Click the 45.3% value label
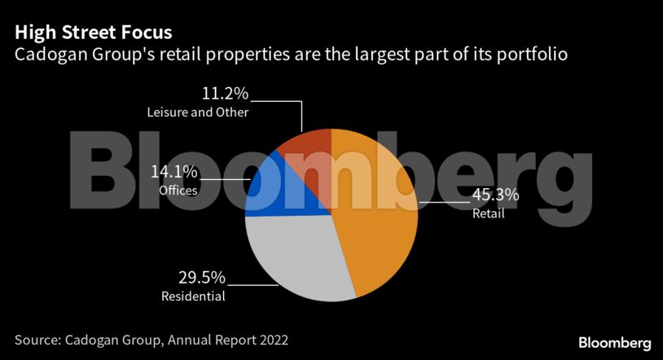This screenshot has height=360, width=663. click(x=495, y=195)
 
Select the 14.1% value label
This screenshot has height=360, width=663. click(x=173, y=172)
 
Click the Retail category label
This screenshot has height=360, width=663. click(x=489, y=214)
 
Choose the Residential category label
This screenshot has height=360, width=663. click(x=193, y=296)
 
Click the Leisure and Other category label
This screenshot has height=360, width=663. click(x=198, y=112)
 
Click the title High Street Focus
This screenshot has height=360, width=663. click(x=93, y=33)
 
